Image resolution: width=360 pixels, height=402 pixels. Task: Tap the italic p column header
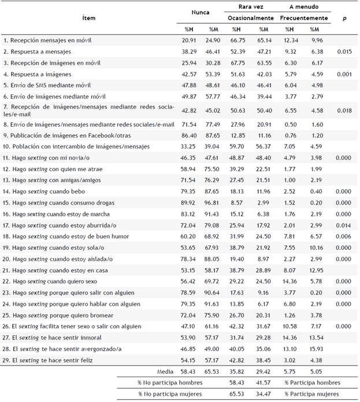tap(344, 18)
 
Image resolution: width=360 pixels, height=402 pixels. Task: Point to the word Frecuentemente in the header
tap(303, 18)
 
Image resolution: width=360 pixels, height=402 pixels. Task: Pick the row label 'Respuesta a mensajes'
tap(35, 51)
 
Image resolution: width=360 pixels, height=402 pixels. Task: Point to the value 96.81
tap(213, 203)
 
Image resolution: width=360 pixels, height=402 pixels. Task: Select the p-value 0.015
tap(344, 51)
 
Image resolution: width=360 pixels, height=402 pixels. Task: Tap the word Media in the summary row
tap(165, 371)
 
